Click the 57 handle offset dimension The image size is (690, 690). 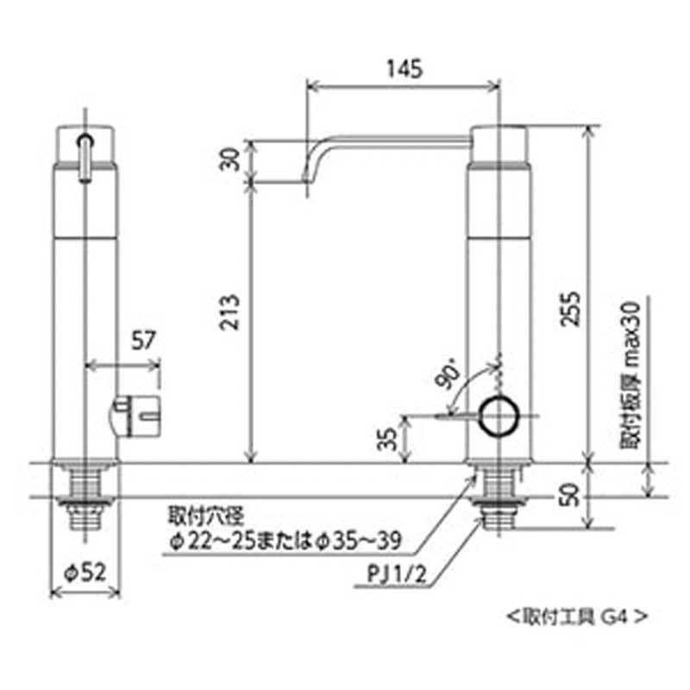(147, 340)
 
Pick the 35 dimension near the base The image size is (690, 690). (391, 439)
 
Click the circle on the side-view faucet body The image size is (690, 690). (499, 416)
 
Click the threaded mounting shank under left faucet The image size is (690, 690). (85, 500)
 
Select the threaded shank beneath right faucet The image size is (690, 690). (499, 500)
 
